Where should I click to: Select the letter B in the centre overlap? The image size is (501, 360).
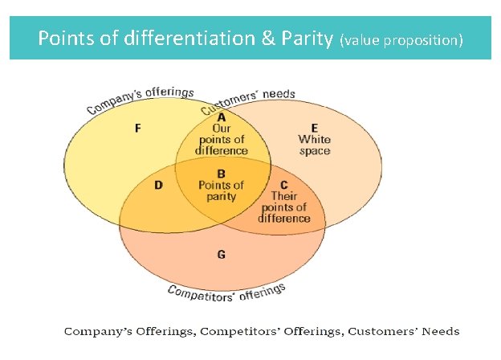point(221,174)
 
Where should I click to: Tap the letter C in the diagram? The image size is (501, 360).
point(285,184)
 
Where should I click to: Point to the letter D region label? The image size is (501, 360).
point(159,186)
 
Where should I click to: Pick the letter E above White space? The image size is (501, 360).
point(314,128)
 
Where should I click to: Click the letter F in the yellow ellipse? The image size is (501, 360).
point(138,129)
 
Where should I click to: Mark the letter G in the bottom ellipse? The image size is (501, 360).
point(221,255)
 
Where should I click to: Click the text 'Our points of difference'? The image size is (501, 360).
point(221,139)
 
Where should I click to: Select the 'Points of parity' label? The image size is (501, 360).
point(221,191)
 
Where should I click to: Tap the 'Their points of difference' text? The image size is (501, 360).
point(285,207)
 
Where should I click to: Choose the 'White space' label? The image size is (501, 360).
point(314,145)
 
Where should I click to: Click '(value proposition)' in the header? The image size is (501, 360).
point(401,39)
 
